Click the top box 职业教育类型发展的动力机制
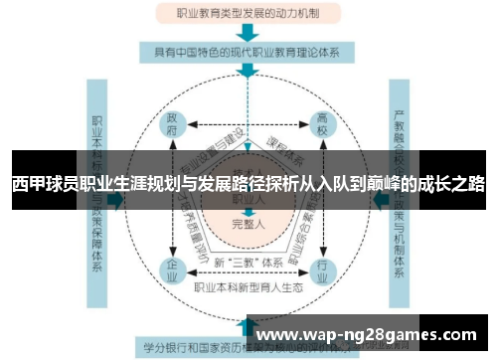[x=248, y=14]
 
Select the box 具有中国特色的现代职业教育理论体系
[x=248, y=53]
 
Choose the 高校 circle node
[x=323, y=125]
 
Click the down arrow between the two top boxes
[x=248, y=33]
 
